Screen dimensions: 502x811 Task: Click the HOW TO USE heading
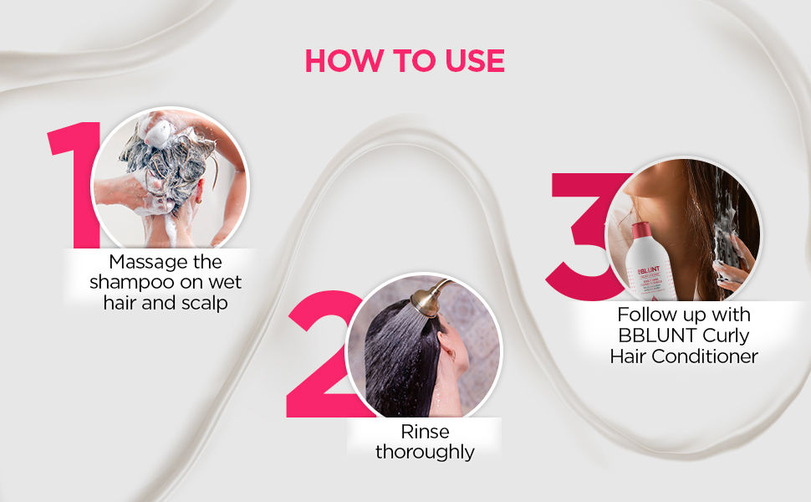(x=405, y=60)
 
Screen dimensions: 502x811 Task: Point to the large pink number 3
(x=585, y=230)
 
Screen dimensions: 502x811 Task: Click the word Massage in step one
(x=145, y=261)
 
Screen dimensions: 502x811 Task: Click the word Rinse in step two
(x=424, y=432)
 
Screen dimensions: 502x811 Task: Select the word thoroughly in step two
(x=424, y=453)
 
